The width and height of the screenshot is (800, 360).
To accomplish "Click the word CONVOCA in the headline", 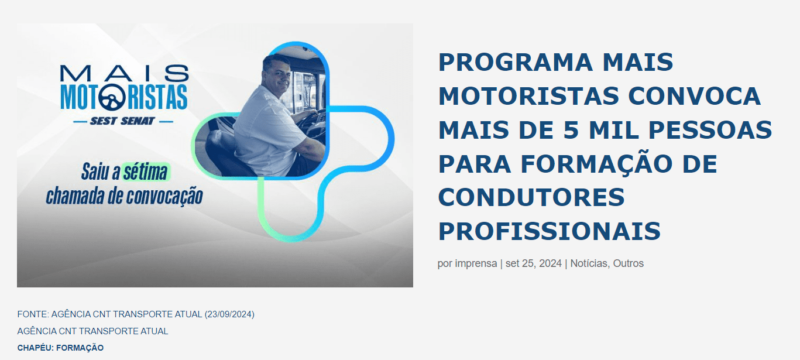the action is tap(694, 96).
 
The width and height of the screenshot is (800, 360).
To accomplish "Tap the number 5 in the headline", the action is tap(571, 130).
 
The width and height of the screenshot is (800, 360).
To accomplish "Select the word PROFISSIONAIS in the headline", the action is tap(550, 231).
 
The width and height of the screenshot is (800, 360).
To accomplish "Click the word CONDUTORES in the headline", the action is tap(531, 197).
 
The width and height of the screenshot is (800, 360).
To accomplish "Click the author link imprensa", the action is tap(476, 263).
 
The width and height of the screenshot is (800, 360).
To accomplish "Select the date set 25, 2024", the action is tap(534, 263).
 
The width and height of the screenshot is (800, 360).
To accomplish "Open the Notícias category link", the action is tap(589, 263).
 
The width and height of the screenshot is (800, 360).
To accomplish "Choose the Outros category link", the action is tap(629, 263).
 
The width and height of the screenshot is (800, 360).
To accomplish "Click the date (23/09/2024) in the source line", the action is tap(229, 314).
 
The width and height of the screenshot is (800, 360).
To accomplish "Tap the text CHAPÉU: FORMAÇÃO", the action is tap(60, 348).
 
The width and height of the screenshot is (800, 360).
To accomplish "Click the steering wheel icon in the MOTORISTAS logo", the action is tap(112, 97).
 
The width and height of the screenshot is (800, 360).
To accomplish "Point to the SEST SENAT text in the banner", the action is tap(122, 121).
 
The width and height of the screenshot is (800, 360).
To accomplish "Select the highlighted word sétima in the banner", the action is tap(145, 172).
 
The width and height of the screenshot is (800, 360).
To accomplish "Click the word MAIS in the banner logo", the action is tap(124, 73).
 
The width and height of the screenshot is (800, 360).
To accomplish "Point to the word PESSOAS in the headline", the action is tap(710, 130).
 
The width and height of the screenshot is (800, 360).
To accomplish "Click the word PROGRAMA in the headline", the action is tap(516, 63).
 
